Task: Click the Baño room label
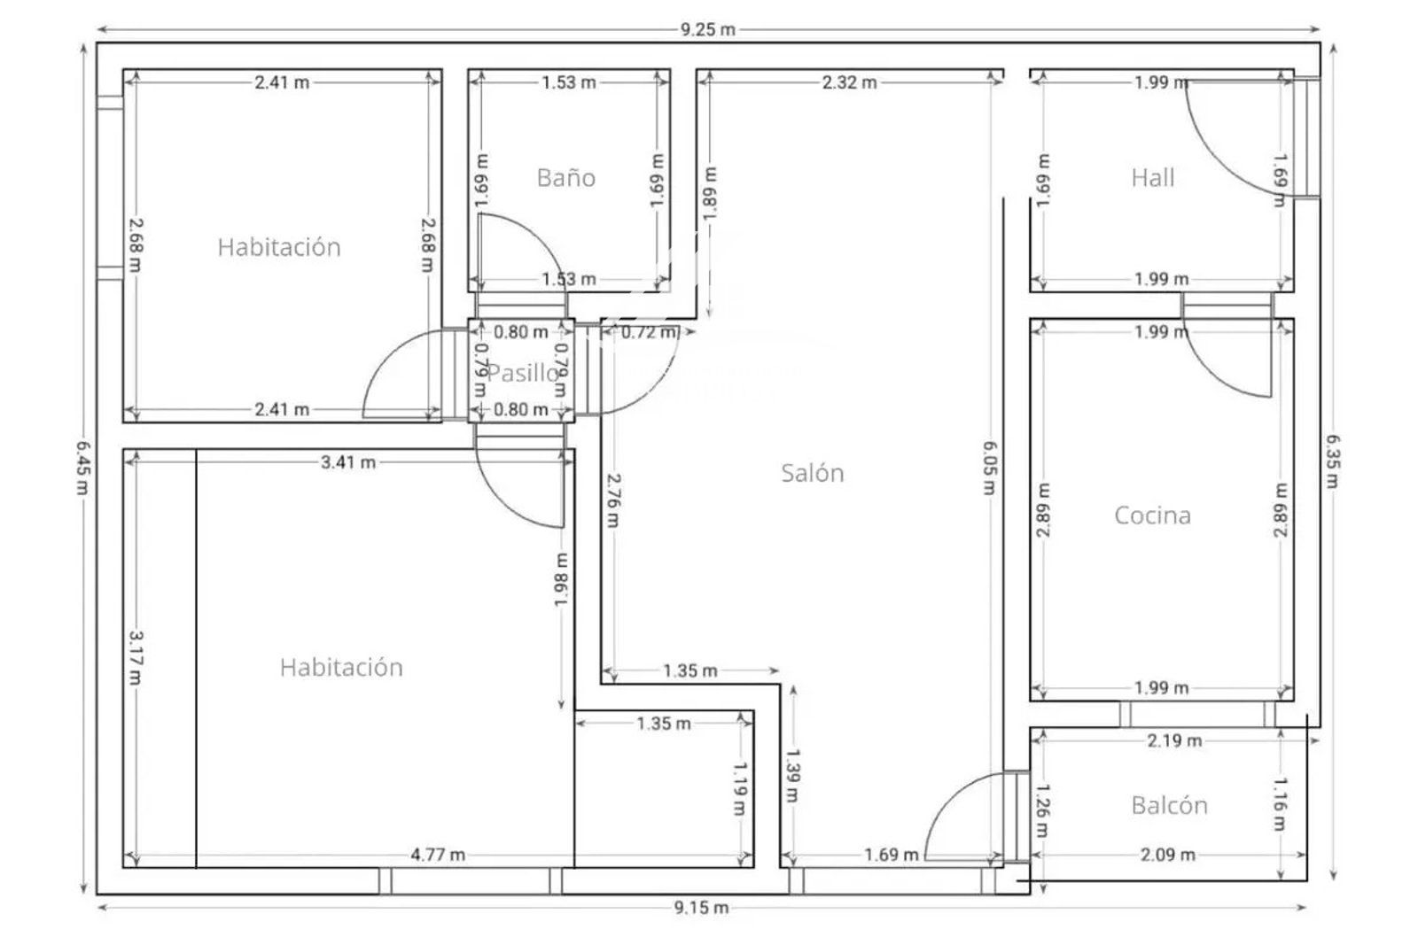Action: point(566,178)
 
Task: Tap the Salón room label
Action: point(812,473)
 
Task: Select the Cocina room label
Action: point(1152,515)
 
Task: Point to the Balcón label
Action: point(1169,805)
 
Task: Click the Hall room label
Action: point(1153,178)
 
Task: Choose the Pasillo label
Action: point(524,373)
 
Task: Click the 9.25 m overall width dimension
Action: point(708,30)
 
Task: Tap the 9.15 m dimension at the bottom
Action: point(701,908)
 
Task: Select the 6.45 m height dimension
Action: point(83,468)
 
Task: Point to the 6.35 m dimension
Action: point(1333,461)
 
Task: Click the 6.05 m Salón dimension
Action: point(990,468)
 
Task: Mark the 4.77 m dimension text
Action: point(438,856)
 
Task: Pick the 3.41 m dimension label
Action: point(348,462)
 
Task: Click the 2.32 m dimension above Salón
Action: point(850,82)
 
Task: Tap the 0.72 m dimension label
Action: point(648,332)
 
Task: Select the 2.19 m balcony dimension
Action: point(1174,740)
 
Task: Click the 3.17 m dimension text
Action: point(136,658)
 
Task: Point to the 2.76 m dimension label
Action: point(612,500)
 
